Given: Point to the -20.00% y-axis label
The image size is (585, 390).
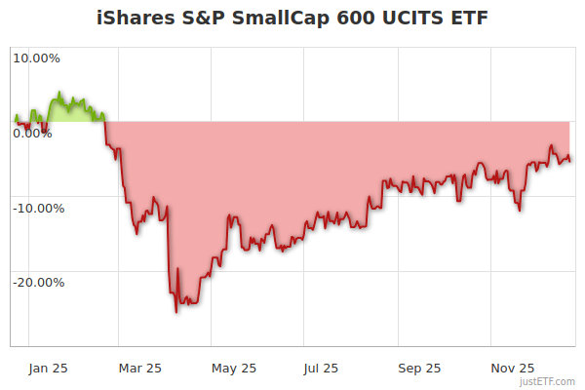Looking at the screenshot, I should [37, 283].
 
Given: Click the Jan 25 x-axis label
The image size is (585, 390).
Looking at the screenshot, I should [48, 368].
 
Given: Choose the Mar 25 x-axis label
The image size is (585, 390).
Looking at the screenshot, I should [139, 368].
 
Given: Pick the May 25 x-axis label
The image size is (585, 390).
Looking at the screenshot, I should [234, 368].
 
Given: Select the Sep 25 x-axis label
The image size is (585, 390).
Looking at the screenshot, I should [419, 368].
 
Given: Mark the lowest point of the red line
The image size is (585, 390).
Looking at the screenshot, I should [176, 312].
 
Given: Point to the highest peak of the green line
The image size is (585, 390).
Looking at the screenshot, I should [59, 93].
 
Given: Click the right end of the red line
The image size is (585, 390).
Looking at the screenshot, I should [570, 160].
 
